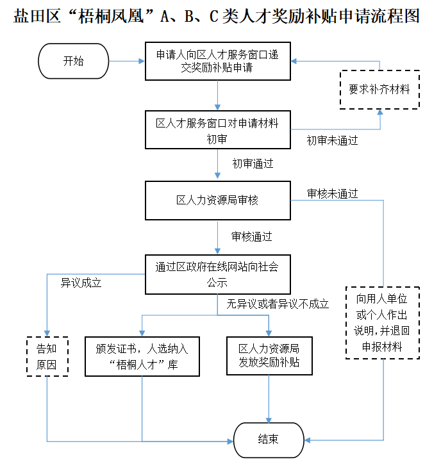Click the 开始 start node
(74, 62)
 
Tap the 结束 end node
(268, 440)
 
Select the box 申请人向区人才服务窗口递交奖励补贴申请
(217, 62)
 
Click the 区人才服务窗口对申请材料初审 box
(217, 130)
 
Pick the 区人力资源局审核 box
(217, 201)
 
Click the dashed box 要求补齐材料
(379, 90)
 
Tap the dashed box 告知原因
(46, 356)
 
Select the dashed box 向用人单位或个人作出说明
(383, 322)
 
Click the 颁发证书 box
(142, 356)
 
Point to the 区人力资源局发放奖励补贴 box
(269, 356)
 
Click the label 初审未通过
(332, 140)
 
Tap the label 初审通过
(253, 164)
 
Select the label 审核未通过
(332, 193)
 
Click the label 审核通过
(252, 236)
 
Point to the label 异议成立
(81, 283)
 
